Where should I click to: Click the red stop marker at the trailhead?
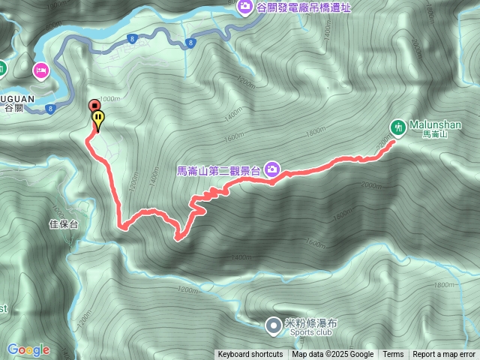pyautogui.click(x=94, y=106)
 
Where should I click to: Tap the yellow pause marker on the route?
pyautogui.click(x=98, y=118)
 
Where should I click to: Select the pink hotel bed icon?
pyautogui.click(x=40, y=70)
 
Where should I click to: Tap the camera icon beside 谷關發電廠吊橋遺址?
pyautogui.click(x=245, y=7)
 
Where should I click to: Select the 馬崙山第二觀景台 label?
pyautogui.click(x=217, y=170)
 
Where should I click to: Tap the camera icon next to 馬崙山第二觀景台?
pyautogui.click(x=271, y=170)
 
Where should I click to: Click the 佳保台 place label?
pyautogui.click(x=63, y=223)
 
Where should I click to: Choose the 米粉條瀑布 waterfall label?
pyautogui.click(x=311, y=322)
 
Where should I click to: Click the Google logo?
pyautogui.click(x=28, y=349)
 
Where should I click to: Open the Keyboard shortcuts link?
pyautogui.click(x=250, y=355)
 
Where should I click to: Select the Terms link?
pyautogui.click(x=393, y=355)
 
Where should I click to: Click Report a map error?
pyautogui.click(x=445, y=355)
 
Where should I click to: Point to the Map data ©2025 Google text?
pyautogui.click(x=333, y=355)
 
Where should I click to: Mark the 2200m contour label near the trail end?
pyautogui.click(x=384, y=141)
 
